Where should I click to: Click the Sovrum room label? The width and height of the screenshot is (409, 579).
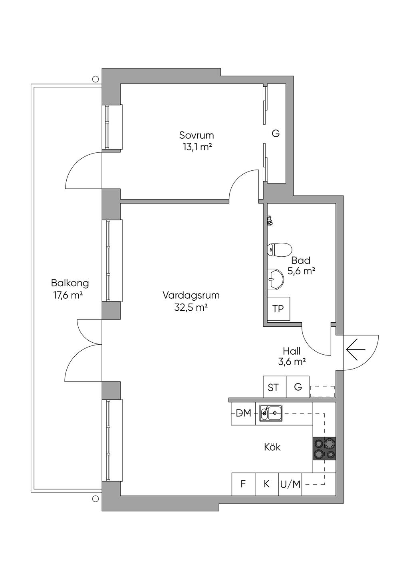tap(197, 135)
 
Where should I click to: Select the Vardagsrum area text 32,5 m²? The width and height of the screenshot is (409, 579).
tap(191, 307)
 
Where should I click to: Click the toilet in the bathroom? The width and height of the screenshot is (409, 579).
tap(280, 250)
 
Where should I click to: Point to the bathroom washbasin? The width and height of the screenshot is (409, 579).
tap(276, 280)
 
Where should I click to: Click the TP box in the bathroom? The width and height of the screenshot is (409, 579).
tap(278, 309)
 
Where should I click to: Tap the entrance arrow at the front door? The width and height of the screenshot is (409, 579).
tap(356, 349)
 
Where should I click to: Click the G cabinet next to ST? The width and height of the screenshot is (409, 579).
tap(298, 387)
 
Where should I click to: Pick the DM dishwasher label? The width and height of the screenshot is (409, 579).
tap(244, 413)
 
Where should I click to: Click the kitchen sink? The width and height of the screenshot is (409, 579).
tap(271, 413)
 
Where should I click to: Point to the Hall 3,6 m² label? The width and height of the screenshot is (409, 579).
tap(292, 356)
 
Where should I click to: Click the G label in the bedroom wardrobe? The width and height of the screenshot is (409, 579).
tap(276, 134)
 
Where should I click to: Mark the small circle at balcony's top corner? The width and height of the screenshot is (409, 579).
tap(95, 78)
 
